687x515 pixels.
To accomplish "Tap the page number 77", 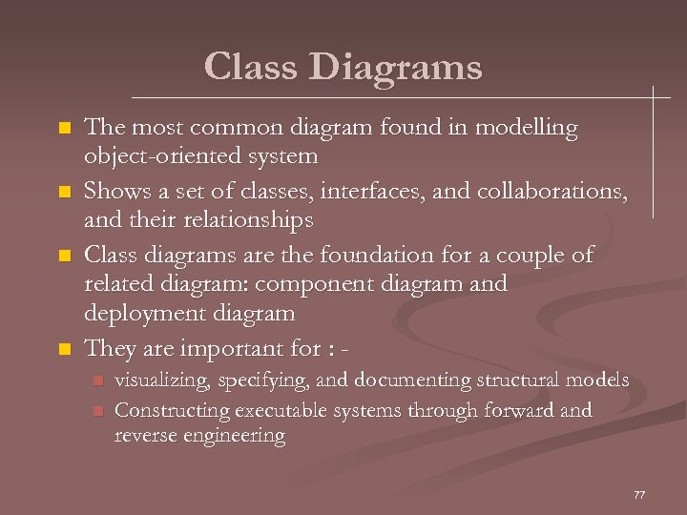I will click(x=639, y=495).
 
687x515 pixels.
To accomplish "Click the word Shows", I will click(x=113, y=191).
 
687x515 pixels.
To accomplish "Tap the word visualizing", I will click(x=162, y=381).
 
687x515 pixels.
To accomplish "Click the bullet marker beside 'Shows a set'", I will click(x=65, y=193).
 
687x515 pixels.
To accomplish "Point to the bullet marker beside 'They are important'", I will click(x=65, y=349).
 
